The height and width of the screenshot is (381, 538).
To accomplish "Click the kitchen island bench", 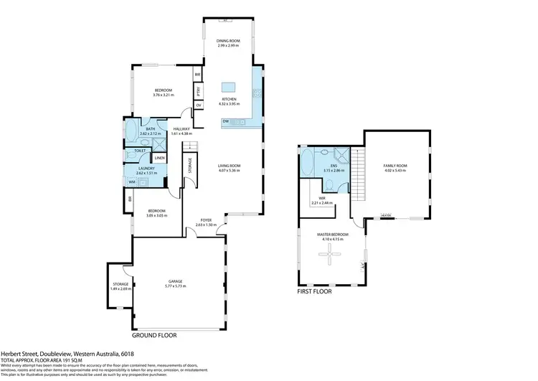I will coord(229,88).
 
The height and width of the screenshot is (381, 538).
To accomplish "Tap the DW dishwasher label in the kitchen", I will coord(226,121).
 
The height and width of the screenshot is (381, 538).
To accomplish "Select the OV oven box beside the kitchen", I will coord(197,106).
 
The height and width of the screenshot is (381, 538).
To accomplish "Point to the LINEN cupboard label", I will coord(159,157).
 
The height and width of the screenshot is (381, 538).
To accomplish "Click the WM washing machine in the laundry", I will coord(132,182).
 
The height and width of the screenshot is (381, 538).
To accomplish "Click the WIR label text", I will coord(322,199).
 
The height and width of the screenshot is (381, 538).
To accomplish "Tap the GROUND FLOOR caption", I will coord(154,335).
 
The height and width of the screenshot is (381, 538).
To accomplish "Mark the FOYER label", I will coord(205,220).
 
